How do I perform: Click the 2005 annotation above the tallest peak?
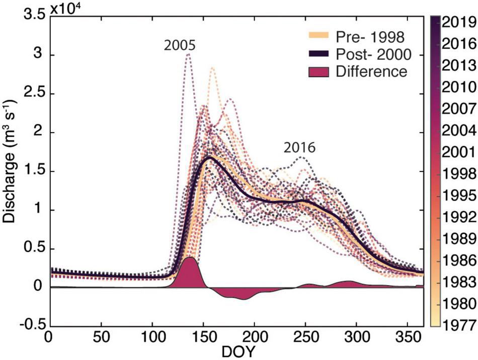[x=179, y=46]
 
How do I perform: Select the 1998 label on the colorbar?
[x=458, y=173]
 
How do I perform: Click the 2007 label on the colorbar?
[x=458, y=108]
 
